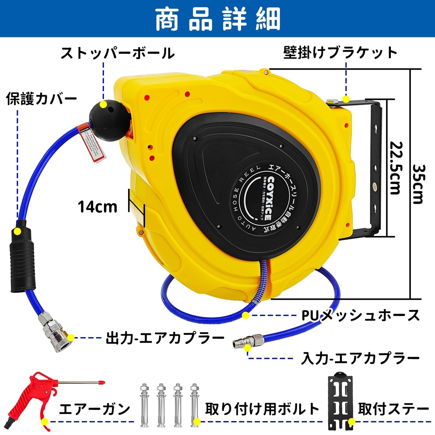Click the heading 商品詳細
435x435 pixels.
coord(217,18)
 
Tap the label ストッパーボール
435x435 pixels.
coord(118,53)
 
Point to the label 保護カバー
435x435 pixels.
coord(41,99)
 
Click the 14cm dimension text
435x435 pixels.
coord(98,207)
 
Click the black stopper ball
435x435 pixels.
coord(109,119)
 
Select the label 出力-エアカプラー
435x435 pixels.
coord(165,338)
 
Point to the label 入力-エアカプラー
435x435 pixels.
coord(360,359)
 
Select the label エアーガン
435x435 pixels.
coord(94,409)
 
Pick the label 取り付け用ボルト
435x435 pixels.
coord(262,409)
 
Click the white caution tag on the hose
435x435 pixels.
coord(91,143)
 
